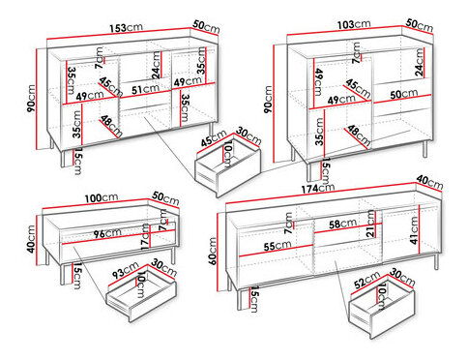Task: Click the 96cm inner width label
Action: (x=93, y=232)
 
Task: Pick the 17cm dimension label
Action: (x=143, y=238)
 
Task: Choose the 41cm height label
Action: (x=414, y=233)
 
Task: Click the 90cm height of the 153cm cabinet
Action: (x=31, y=97)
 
